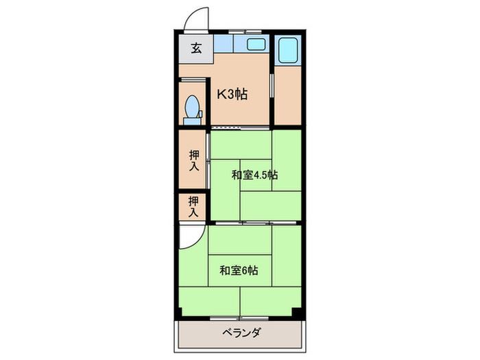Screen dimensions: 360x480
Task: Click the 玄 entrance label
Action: (196, 49)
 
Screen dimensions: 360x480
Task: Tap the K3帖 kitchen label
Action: (232, 95)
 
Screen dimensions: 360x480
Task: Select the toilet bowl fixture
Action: (193, 106)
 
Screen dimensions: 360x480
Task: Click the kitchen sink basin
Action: (255, 45)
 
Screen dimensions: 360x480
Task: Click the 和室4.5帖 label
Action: (254, 174)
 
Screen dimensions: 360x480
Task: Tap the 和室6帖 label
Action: (239, 269)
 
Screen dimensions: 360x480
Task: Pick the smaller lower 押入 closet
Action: (193, 206)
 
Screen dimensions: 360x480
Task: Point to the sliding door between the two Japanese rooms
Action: (254, 223)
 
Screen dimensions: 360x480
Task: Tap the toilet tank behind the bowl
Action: (193, 121)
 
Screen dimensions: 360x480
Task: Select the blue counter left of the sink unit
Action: (224, 45)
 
